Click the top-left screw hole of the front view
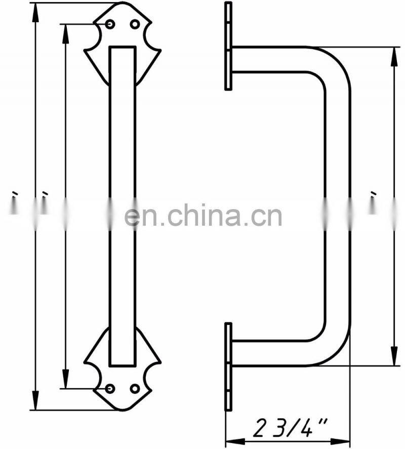110,24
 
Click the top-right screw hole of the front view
135,24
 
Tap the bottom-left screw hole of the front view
110,388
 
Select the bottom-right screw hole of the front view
135,388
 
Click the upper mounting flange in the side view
228,46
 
